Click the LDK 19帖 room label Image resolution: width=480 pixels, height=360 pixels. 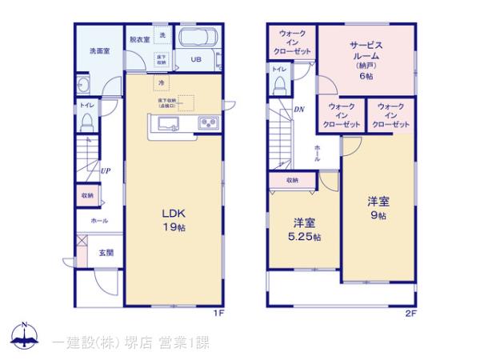tap(174, 220)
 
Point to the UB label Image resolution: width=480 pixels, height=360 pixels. tap(196, 59)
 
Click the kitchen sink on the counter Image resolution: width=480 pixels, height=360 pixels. tap(169, 122)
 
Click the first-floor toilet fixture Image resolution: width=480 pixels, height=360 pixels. tap(88, 121)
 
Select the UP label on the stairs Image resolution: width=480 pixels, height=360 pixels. tap(105, 170)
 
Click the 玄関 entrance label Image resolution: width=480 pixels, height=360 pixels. tap(106, 253)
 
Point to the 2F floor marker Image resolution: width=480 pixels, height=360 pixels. tap(410, 313)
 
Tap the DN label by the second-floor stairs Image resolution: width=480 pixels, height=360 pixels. tap(299, 109)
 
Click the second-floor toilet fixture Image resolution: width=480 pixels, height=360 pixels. tap(279, 86)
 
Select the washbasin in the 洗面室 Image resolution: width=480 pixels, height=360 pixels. tap(85, 86)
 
